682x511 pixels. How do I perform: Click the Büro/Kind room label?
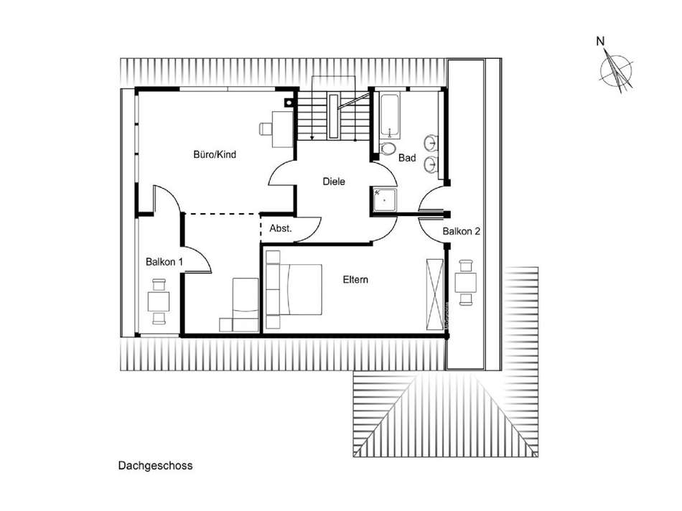tap(215, 154)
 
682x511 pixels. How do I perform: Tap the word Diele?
tap(334, 182)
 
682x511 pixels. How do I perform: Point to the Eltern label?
tap(355, 280)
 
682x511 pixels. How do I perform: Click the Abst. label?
tap(280, 229)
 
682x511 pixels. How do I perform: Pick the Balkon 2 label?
tap(461, 231)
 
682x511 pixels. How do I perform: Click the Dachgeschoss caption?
tap(156, 465)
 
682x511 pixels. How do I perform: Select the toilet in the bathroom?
tap(388, 149)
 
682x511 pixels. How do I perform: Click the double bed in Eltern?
tap(294, 289)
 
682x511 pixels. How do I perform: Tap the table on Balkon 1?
tap(159, 301)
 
